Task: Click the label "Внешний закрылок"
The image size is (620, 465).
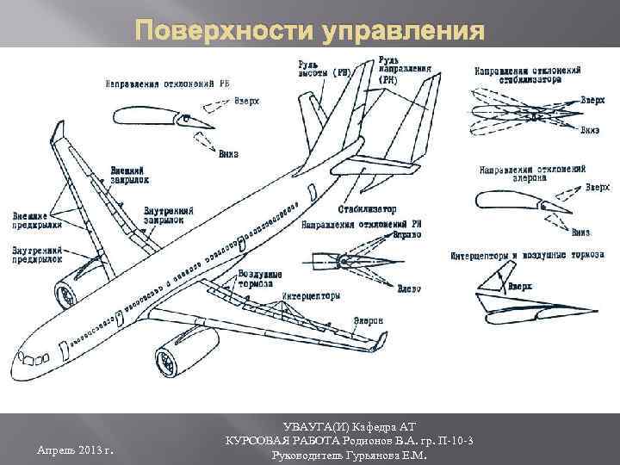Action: tap(129, 176)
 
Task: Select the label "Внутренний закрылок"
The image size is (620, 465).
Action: tap(168, 215)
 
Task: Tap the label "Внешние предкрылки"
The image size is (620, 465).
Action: tap(36, 219)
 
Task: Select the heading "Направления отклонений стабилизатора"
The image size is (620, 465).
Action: tap(527, 74)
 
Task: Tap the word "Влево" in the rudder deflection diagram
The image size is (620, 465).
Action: tap(409, 287)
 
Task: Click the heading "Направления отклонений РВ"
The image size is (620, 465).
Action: tap(167, 84)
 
